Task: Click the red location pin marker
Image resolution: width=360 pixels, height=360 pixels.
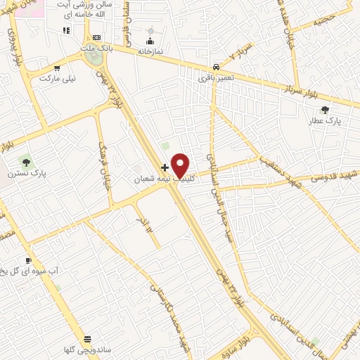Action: click(x=181, y=165)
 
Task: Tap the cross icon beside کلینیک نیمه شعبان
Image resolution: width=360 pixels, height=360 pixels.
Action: click(x=165, y=167)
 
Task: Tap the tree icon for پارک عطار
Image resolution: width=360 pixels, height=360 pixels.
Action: click(x=324, y=110)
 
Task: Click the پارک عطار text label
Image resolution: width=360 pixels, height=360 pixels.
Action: click(x=324, y=121)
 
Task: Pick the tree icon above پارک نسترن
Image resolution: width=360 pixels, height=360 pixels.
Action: click(x=26, y=162)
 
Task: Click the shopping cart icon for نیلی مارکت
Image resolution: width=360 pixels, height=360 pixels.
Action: click(x=57, y=68)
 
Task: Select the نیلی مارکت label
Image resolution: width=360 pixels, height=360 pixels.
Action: click(x=57, y=79)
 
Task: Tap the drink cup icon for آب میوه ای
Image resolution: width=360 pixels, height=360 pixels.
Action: click(x=29, y=260)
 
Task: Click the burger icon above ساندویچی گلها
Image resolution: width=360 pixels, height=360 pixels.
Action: click(x=87, y=338)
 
